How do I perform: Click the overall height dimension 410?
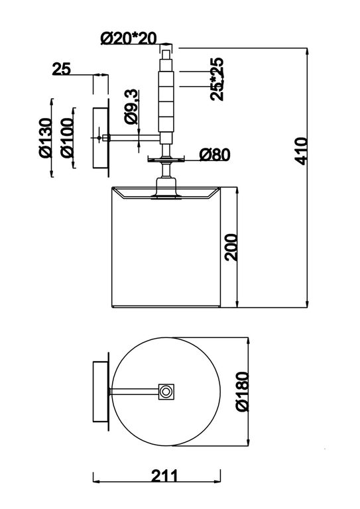pos(302,151)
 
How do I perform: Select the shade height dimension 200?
pos(231,247)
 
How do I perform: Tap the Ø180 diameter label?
pos(243,392)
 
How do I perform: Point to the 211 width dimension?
pos(164,477)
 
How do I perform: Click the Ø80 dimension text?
pos(215,154)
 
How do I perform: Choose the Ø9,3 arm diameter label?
pos(132,107)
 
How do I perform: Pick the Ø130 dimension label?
pos(46,138)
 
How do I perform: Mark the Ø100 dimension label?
pos(67,138)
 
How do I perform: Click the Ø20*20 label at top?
pos(129,38)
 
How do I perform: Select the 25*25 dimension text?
pos(217,80)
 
